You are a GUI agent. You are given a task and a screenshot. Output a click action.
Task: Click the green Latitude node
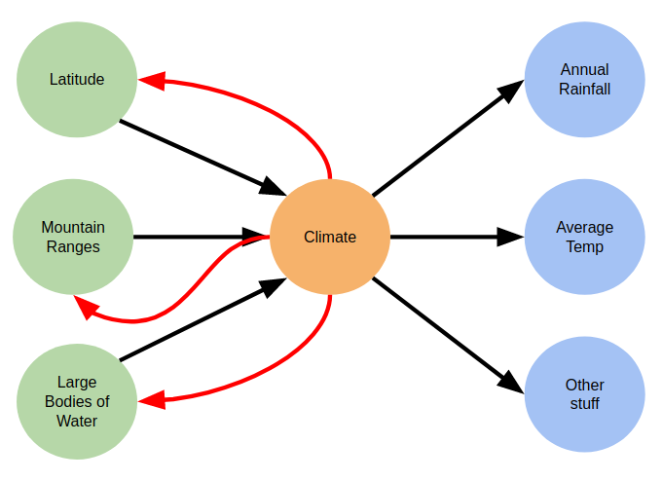coord(77,79)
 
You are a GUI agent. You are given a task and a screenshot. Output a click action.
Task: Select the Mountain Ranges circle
coord(73,237)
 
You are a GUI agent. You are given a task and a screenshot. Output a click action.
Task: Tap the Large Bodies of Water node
coord(77,401)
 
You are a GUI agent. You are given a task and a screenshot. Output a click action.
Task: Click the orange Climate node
coord(330,237)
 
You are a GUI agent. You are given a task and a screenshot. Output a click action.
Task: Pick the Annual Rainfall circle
coord(584,79)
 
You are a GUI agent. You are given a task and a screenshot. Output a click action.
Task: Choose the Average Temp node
coord(584,237)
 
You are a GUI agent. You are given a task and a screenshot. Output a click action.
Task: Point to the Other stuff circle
coord(584,393)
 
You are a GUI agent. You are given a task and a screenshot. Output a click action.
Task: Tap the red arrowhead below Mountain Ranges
coord(87,308)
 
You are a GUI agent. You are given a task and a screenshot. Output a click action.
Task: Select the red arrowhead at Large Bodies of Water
coord(151,400)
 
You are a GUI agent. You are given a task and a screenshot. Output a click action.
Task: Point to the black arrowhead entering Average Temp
coord(512,237)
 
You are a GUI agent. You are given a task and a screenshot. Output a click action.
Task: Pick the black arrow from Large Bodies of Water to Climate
coord(195,322)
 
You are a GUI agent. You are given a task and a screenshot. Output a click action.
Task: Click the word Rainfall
coord(584,89)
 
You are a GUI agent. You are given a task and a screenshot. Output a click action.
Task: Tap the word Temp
coord(584,246)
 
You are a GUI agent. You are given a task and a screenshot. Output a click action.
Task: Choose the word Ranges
coord(73,246)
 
